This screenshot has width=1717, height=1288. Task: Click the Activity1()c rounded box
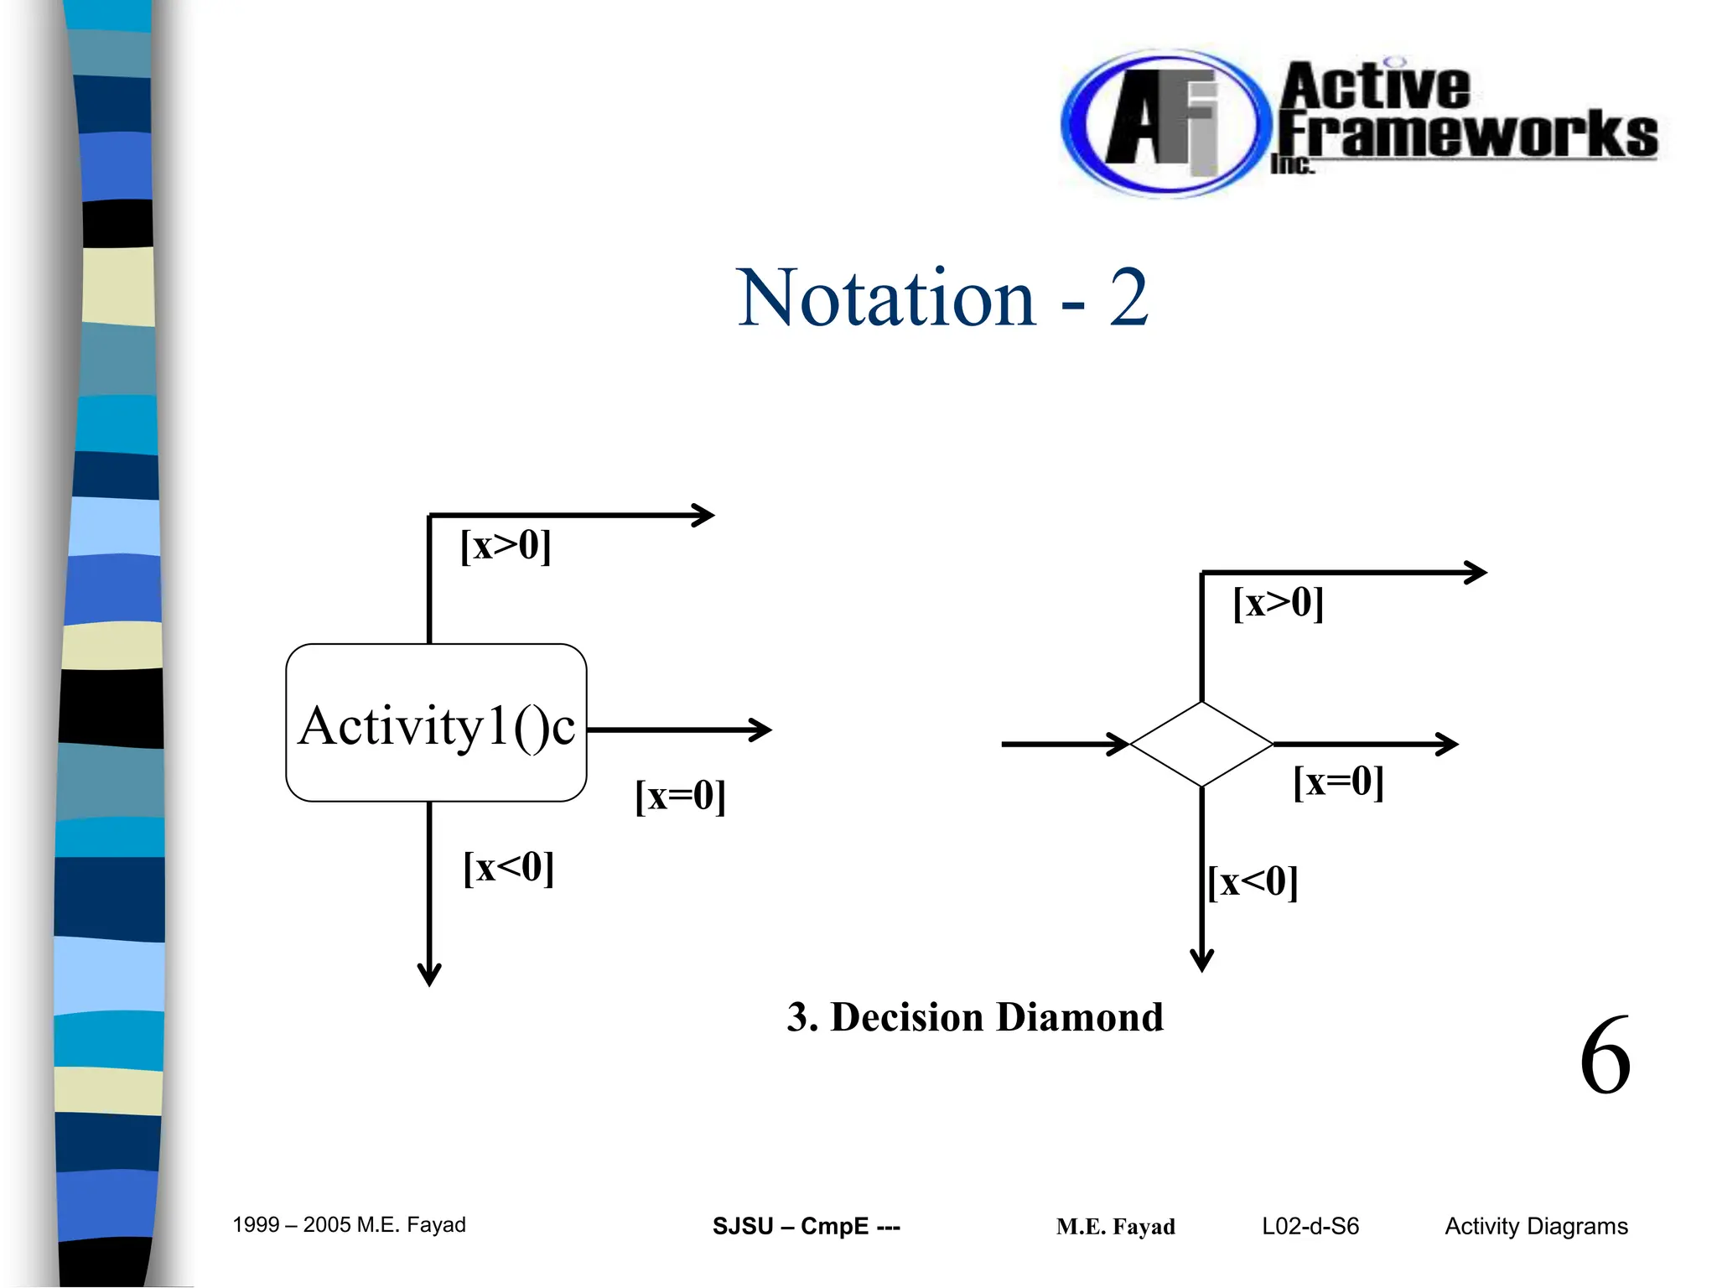click(x=436, y=723)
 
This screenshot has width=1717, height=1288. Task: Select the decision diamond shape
click(x=1201, y=744)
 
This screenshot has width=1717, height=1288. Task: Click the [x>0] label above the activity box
click(x=506, y=546)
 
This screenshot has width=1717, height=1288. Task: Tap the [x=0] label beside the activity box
click(x=680, y=795)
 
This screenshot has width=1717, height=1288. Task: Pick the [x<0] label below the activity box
click(x=509, y=867)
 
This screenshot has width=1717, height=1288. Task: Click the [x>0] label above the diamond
click(x=1278, y=603)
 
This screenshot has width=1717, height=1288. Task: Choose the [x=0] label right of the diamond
click(x=1338, y=782)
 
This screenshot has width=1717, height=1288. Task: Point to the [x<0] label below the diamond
click(x=1253, y=882)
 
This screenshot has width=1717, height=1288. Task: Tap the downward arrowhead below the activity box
click(x=429, y=974)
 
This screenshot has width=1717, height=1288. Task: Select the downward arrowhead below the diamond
click(x=1201, y=960)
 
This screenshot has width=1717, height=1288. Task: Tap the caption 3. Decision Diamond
click(x=974, y=1017)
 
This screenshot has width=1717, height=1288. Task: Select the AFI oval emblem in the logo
click(x=1160, y=124)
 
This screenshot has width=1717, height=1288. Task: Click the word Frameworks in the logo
click(x=1467, y=134)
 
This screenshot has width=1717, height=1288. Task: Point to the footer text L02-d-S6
click(x=1310, y=1226)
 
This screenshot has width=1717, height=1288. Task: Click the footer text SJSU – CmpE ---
click(x=806, y=1226)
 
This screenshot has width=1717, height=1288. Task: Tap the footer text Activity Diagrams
click(x=1535, y=1226)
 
